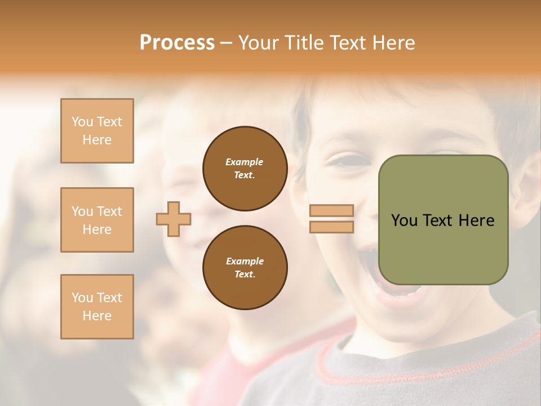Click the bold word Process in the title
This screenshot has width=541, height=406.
tap(177, 43)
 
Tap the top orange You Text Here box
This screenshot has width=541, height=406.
tap(97, 131)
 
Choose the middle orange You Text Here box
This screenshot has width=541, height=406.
tap(97, 220)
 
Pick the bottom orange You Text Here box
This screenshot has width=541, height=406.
tap(97, 307)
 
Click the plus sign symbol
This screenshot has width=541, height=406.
tap(174, 219)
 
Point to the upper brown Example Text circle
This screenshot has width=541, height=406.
tap(245, 169)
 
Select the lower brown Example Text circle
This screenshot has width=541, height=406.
tap(245, 268)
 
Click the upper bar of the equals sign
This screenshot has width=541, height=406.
tap(331, 211)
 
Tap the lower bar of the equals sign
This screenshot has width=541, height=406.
tap(331, 227)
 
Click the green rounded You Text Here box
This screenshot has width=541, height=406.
tap(443, 220)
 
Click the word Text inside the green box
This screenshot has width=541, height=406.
tap(438, 220)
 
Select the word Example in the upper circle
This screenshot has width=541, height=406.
tap(245, 162)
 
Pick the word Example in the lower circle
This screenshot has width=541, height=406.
tap(245, 261)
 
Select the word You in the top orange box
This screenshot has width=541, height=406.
tap(82, 122)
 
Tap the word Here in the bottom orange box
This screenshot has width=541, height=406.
tap(97, 316)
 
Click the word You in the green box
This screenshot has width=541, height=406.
tap(404, 220)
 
